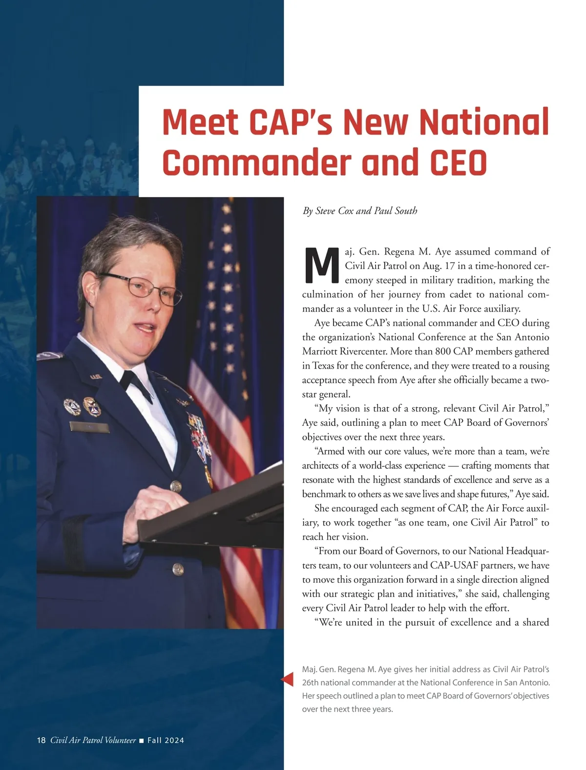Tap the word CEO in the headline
point(459,163)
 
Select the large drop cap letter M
point(321,266)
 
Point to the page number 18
point(41,740)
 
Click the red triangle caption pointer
point(288,679)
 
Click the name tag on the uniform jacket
point(89,427)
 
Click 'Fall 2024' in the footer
point(166,740)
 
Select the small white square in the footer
point(142,741)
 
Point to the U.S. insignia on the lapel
point(95,377)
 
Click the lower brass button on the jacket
point(178,569)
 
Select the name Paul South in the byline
point(396,211)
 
